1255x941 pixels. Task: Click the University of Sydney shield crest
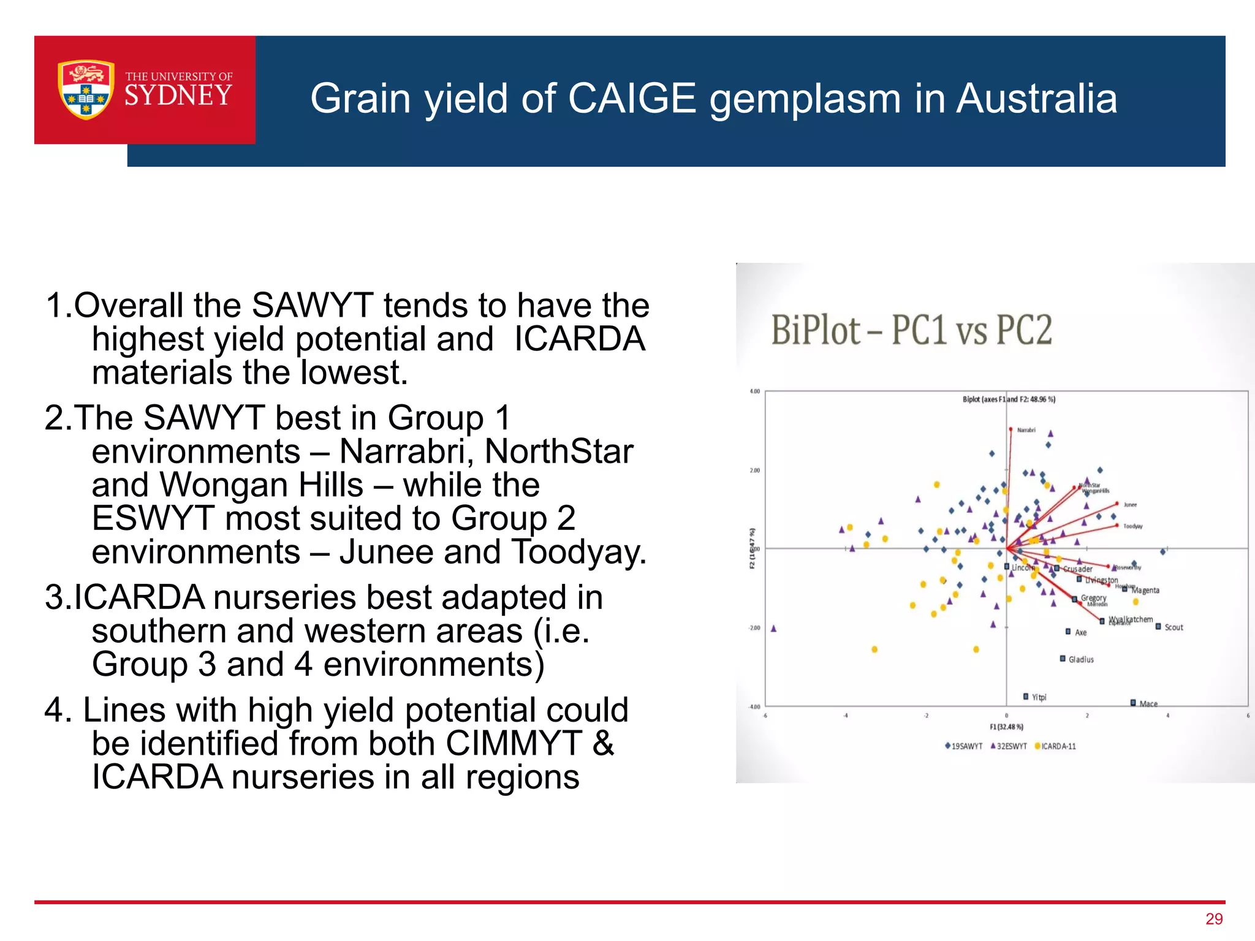click(86, 89)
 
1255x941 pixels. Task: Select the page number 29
click(1214, 919)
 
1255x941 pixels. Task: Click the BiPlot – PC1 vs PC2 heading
click(911, 330)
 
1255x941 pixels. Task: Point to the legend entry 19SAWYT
click(966, 746)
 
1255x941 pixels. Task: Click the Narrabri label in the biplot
click(1026, 430)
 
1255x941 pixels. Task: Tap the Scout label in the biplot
click(1173, 627)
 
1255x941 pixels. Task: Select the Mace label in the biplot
click(1148, 703)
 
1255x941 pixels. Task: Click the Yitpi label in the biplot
click(1039, 697)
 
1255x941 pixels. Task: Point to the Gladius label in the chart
click(1081, 660)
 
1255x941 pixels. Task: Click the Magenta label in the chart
click(1145, 591)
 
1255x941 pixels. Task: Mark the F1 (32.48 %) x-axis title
click(1006, 727)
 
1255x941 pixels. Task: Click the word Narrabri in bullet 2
click(406, 452)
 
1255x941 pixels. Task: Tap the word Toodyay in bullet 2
click(578, 552)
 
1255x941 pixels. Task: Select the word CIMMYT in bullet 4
click(514, 744)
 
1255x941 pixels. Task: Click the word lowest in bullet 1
click(354, 372)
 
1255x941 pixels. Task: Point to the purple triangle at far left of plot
click(773, 629)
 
